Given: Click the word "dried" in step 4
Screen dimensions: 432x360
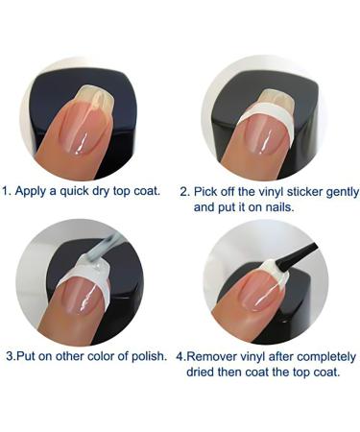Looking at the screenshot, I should (x=210, y=371).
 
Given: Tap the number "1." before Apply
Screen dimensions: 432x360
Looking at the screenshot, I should (x=8, y=191).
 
